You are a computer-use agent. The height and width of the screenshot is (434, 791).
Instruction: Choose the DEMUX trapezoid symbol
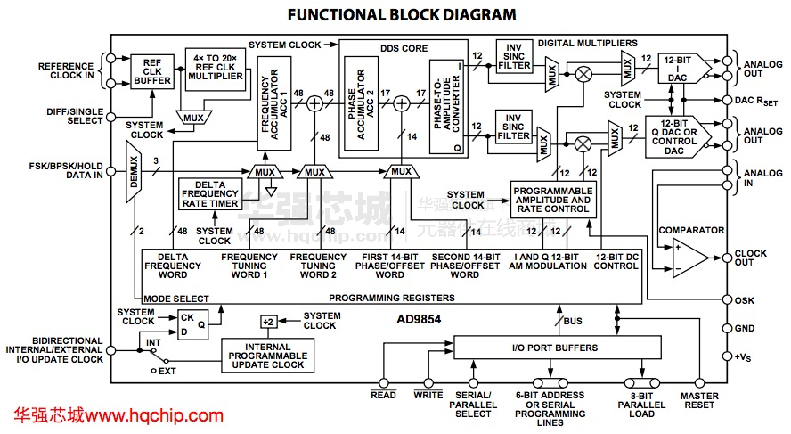pyautogui.click(x=132, y=174)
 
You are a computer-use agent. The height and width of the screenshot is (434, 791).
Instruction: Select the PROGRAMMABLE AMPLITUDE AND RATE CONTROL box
pyautogui.click(x=552, y=201)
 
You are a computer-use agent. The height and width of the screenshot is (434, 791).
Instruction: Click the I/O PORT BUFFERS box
pyautogui.click(x=555, y=348)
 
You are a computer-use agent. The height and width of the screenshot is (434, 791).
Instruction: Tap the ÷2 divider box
pyautogui.click(x=268, y=321)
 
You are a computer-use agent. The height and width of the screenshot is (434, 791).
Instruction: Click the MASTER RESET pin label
pyautogui.click(x=699, y=401)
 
